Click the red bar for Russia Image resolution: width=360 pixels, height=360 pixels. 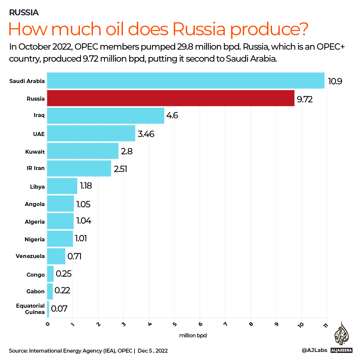pos(171,98)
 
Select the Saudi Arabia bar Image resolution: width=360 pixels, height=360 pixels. pos(185,81)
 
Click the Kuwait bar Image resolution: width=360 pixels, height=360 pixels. pos(83,151)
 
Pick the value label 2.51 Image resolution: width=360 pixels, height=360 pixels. pos(121,169)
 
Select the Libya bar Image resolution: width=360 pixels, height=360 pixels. pos(62,186)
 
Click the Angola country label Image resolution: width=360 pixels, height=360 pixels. pos(35,204)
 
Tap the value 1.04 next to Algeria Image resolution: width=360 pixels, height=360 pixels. pos(84,221)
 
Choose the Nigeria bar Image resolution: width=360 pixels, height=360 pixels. pos(60,239)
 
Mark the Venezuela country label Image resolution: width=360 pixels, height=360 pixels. pos(30,256)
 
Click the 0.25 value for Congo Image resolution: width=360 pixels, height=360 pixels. pos(64,274)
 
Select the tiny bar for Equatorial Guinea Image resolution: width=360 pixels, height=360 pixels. pos(48,309)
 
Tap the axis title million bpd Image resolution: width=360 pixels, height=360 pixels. pos(193,336)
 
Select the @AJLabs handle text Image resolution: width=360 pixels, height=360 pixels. pos(314,351)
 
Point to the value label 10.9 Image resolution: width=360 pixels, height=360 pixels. pos(335,81)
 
